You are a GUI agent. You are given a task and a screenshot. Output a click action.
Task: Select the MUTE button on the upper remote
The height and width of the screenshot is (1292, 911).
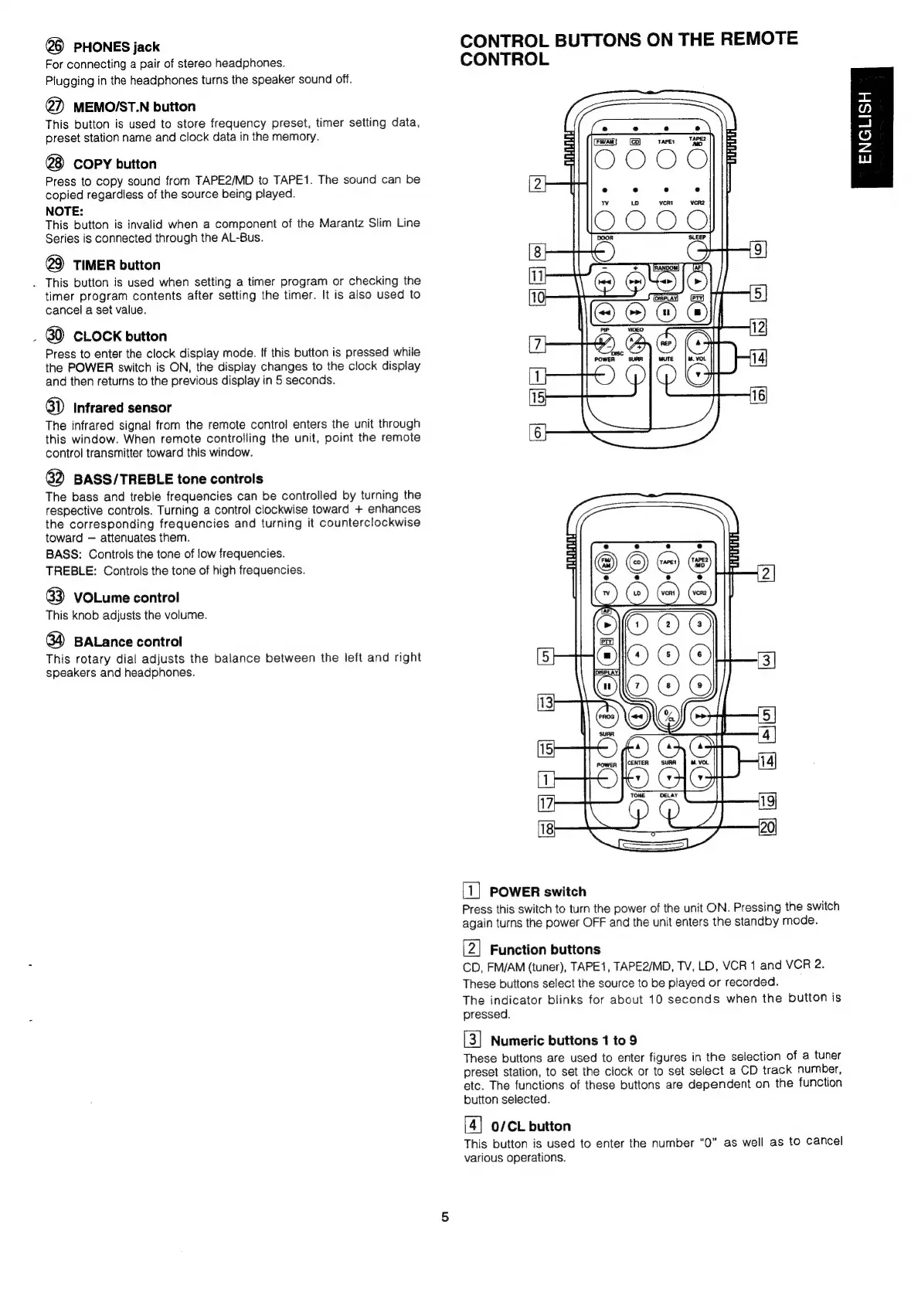click(666, 373)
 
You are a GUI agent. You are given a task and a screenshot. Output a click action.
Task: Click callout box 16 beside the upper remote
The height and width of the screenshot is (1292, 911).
click(757, 396)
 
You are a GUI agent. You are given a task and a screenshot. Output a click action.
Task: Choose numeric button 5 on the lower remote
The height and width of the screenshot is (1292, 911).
click(668, 654)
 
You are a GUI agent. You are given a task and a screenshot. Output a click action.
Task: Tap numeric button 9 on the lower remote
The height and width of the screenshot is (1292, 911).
click(699, 685)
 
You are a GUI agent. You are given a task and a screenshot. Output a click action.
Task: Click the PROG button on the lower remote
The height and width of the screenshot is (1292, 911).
click(607, 716)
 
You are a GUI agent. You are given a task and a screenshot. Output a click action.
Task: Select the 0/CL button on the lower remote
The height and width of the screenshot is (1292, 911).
click(668, 714)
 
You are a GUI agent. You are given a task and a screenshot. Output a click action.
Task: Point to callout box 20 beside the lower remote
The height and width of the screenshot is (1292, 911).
click(767, 828)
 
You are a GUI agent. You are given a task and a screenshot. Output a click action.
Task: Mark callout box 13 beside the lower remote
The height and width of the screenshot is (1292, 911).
click(546, 702)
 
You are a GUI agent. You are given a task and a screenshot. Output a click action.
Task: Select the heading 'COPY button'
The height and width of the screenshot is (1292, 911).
click(114, 164)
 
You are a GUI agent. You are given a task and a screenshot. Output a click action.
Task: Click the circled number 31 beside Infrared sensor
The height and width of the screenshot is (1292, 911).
click(55, 407)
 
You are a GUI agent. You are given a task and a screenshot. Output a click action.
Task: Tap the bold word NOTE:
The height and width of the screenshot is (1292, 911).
click(64, 210)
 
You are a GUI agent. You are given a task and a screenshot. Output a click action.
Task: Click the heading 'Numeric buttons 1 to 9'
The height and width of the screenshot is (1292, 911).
click(563, 1040)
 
